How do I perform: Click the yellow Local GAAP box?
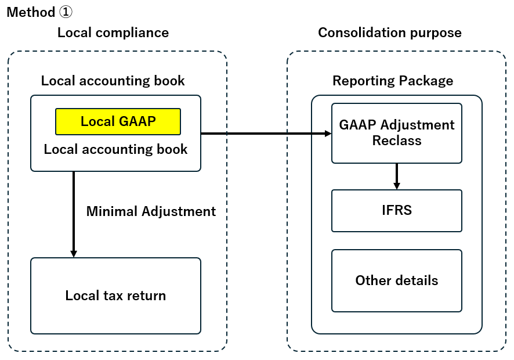[x=118, y=121]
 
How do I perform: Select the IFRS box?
[x=397, y=211]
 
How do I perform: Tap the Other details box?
[x=397, y=280]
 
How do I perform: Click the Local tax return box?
[x=115, y=296]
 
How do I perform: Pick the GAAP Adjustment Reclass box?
[x=397, y=133]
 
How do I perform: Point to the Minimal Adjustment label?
[x=151, y=211]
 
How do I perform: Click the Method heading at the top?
[x=39, y=12]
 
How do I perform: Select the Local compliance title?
[x=113, y=33]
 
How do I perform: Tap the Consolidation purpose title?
[x=390, y=33]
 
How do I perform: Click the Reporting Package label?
[x=393, y=81]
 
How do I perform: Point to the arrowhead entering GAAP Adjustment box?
[x=328, y=133]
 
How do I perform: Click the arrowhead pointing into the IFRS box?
[x=397, y=186]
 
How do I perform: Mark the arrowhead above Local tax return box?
[x=74, y=254]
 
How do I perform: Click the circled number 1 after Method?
[x=66, y=12]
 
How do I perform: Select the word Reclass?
[x=397, y=141]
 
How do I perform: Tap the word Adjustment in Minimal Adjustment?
[x=179, y=212]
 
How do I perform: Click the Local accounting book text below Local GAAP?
[x=115, y=149]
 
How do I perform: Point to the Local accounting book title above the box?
[x=113, y=81]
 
